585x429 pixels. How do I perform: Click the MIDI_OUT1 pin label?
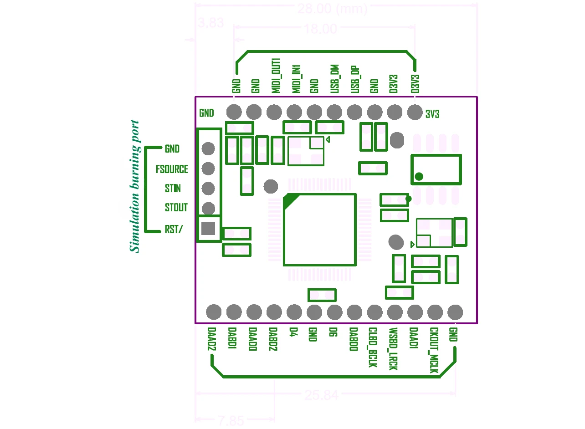pos(276,76)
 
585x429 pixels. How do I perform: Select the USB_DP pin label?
pos(355,80)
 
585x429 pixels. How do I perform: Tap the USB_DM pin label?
pos(335,79)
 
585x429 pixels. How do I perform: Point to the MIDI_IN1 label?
pos(296,79)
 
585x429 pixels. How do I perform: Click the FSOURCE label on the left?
pos(172,169)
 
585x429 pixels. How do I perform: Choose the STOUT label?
pos(176,208)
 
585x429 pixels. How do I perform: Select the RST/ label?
pos(174,230)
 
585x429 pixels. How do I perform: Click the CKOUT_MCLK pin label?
pos(434,351)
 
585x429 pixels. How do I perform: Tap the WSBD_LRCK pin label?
pos(393,349)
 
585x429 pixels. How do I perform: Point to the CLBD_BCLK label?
pos(373,347)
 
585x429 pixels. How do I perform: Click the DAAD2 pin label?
pos(211,340)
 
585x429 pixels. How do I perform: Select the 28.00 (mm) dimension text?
pos(332,9)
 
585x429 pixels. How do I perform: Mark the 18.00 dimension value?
pos(320,30)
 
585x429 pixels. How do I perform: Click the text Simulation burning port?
pos(134,186)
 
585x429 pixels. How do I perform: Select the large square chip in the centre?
pos(319,230)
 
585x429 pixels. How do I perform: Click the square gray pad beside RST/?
pos(208,228)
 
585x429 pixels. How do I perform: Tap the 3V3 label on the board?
pos(432,114)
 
